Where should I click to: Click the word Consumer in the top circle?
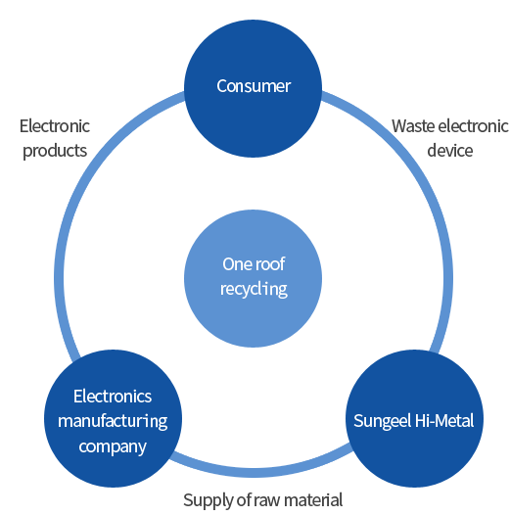click(x=254, y=86)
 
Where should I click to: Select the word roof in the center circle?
click(x=270, y=264)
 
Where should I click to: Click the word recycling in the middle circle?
click(x=254, y=290)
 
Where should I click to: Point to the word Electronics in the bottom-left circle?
click(x=113, y=397)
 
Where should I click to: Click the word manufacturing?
click(x=113, y=422)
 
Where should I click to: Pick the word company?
click(x=113, y=447)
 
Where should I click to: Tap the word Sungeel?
click(x=382, y=421)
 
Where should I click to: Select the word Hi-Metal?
click(x=444, y=421)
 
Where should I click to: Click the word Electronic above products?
click(x=55, y=126)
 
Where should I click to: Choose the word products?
click(x=55, y=152)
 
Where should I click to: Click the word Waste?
click(x=413, y=126)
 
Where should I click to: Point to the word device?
click(x=449, y=151)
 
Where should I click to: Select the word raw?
click(x=267, y=501)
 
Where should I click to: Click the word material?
click(x=313, y=500)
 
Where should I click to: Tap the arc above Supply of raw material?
click(x=260, y=472)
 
